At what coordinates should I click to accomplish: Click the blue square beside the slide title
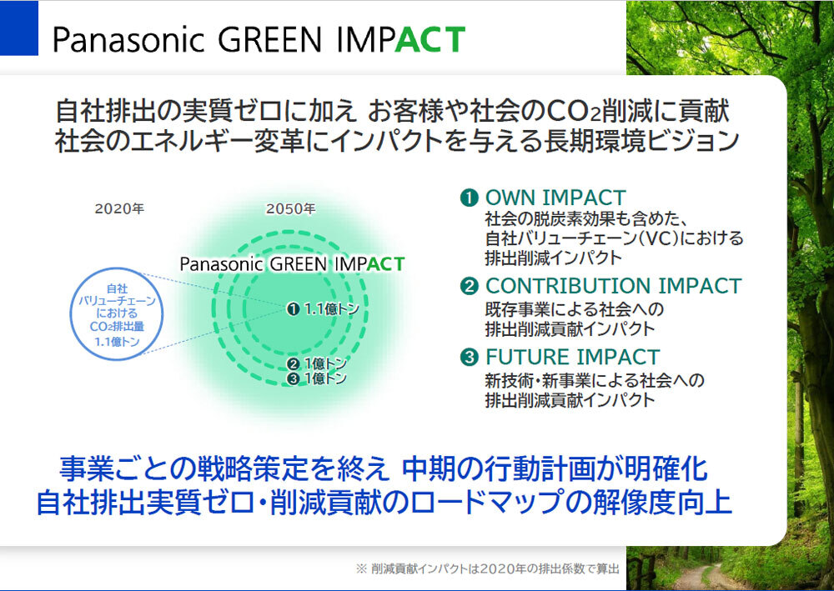pyautogui.click(x=18, y=28)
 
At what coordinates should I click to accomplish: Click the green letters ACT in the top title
pyautogui.click(x=430, y=39)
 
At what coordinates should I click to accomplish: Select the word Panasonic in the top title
pyautogui.click(x=128, y=40)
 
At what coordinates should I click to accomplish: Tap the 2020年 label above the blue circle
pyautogui.click(x=119, y=209)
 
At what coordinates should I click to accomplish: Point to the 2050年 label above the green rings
pyautogui.click(x=290, y=209)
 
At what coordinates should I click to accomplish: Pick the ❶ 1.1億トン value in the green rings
pyautogui.click(x=323, y=308)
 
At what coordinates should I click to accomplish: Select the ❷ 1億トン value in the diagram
pyautogui.click(x=317, y=363)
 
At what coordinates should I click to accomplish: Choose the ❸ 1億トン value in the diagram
pyautogui.click(x=317, y=378)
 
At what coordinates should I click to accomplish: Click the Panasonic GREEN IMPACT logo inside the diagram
pyautogui.click(x=292, y=264)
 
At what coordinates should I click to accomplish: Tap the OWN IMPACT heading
pyautogui.click(x=555, y=198)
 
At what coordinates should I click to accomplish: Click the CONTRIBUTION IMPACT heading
pyautogui.click(x=613, y=286)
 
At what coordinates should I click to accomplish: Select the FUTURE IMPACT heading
pyautogui.click(x=572, y=357)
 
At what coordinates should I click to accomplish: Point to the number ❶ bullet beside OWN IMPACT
pyautogui.click(x=469, y=198)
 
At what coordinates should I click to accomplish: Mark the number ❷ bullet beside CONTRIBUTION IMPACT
pyautogui.click(x=469, y=287)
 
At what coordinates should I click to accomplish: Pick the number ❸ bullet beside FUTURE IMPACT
pyautogui.click(x=469, y=357)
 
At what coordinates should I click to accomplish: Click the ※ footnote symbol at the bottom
pyautogui.click(x=361, y=569)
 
